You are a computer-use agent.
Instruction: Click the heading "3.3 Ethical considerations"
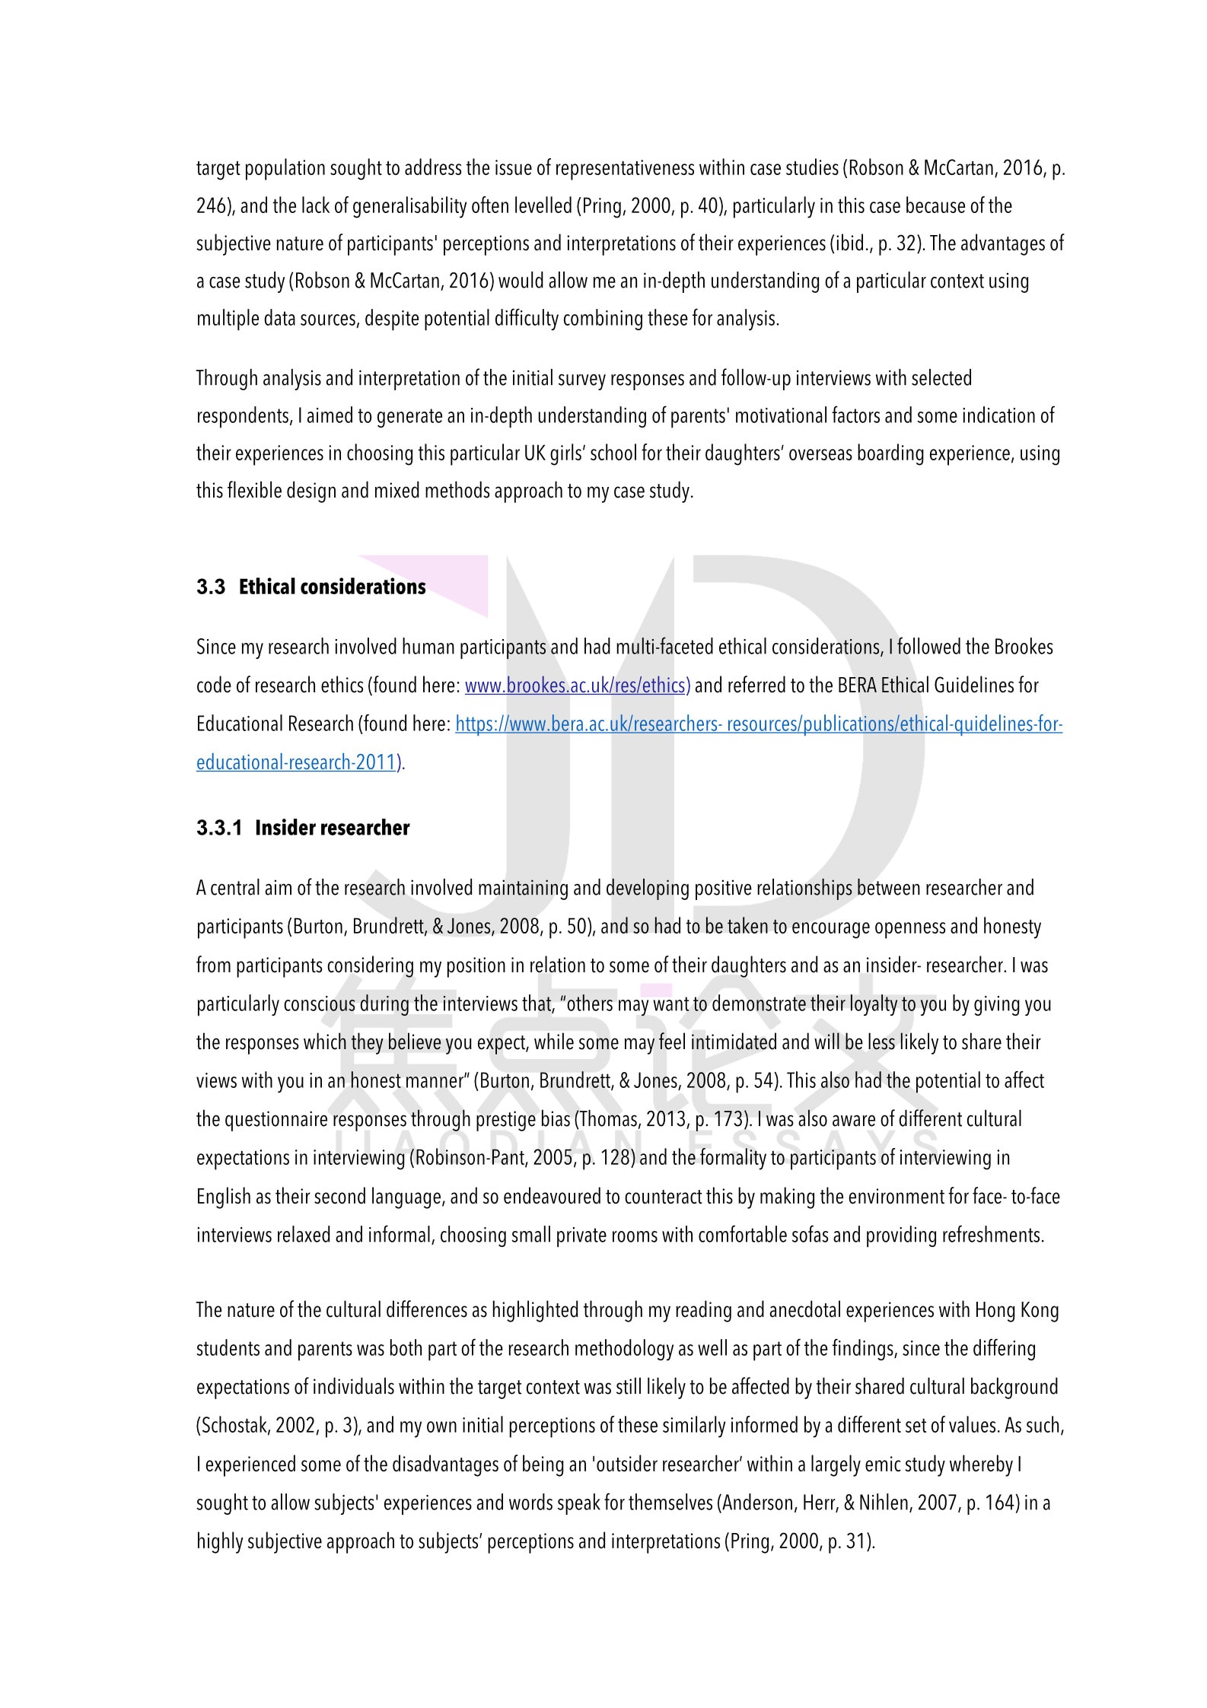point(311,587)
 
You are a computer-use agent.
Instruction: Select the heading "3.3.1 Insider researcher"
point(303,828)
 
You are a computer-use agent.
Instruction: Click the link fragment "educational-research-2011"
point(298,762)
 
